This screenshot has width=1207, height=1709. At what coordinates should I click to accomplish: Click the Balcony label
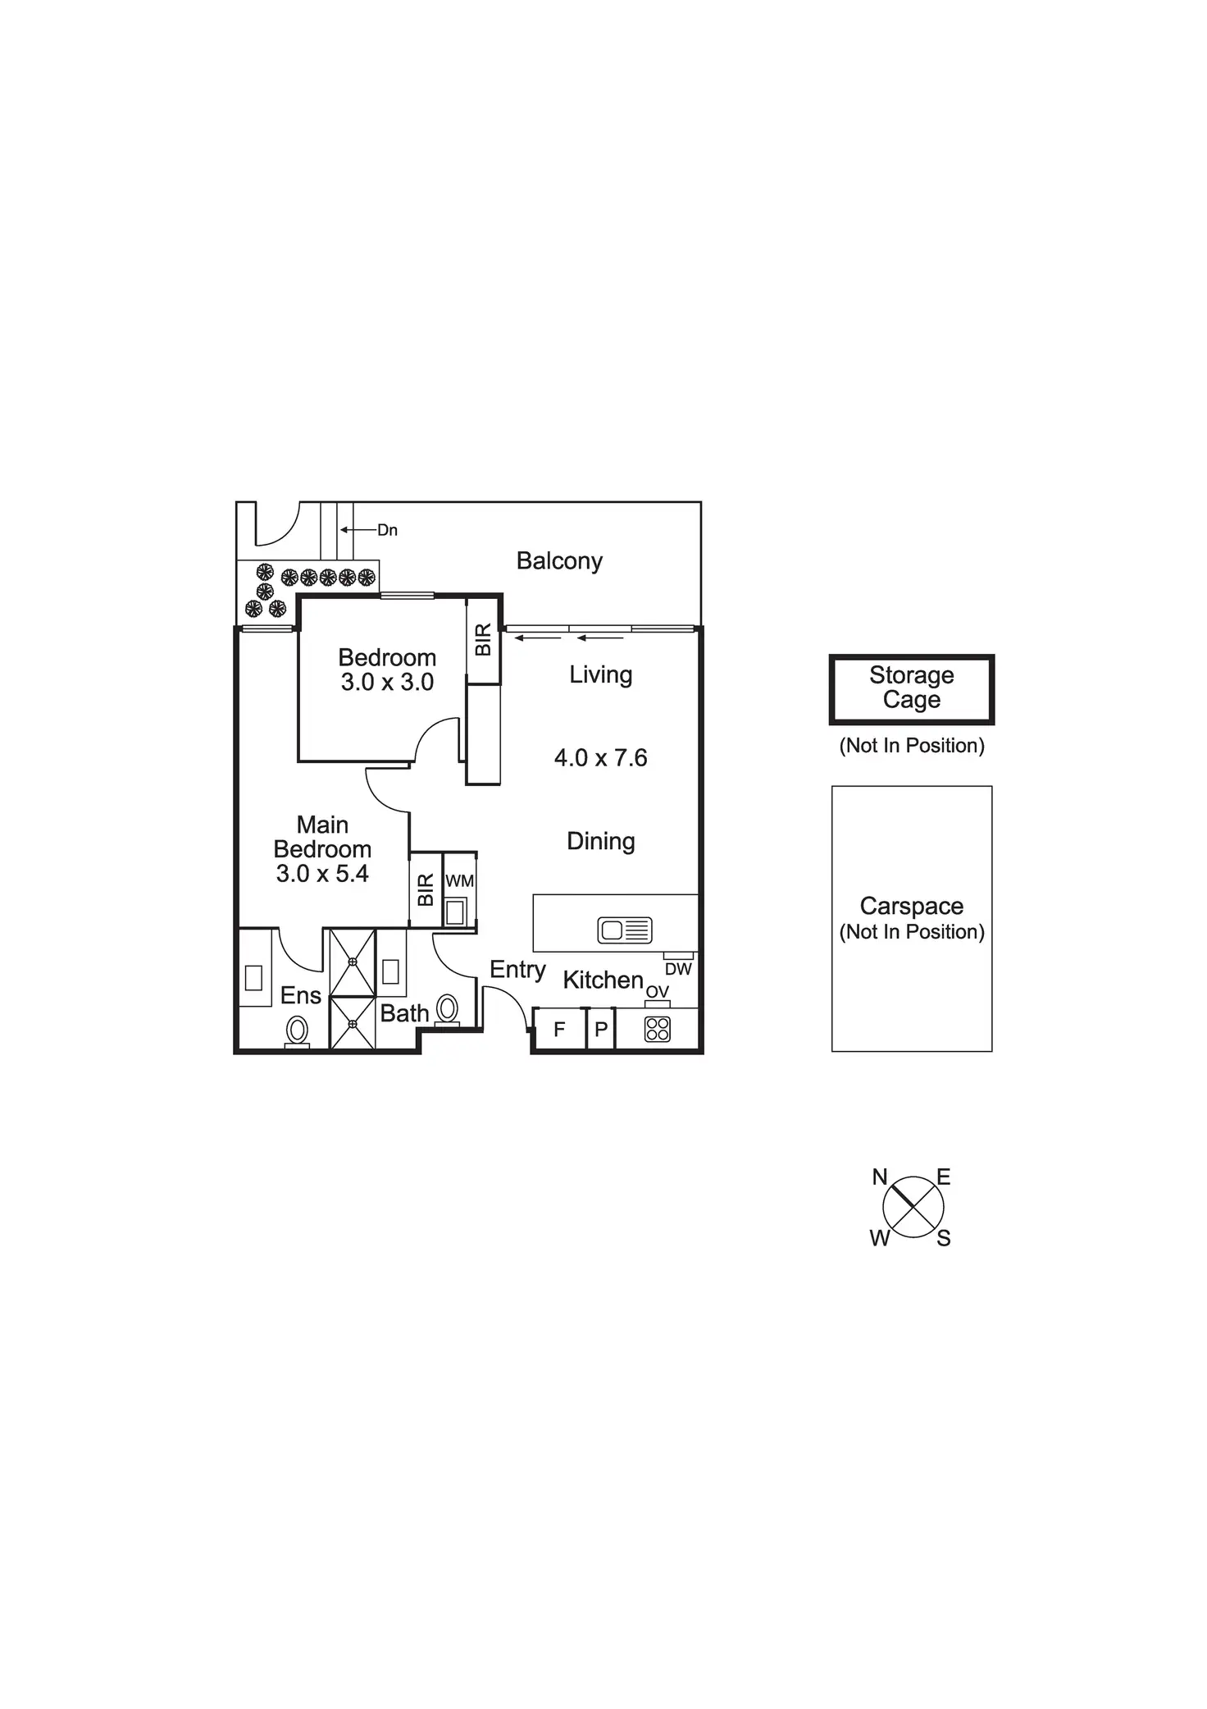[x=559, y=561]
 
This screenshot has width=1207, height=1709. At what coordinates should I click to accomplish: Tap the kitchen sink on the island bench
[x=625, y=930]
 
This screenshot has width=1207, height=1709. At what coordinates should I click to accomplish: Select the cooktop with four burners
[x=658, y=1029]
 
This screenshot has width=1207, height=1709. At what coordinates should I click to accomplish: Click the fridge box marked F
[x=559, y=1029]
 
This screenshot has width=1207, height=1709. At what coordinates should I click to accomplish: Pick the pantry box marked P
[x=601, y=1029]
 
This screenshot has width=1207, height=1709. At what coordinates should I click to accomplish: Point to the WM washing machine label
[x=459, y=881]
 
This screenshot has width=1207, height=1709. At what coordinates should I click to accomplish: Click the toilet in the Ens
[x=297, y=1030]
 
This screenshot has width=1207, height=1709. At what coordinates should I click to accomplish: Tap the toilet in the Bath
[x=448, y=1008]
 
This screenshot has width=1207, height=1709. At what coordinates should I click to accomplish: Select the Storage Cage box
[x=911, y=688]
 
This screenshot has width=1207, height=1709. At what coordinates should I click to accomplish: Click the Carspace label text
[x=911, y=906]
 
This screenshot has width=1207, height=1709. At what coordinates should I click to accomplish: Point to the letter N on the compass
[x=880, y=1177]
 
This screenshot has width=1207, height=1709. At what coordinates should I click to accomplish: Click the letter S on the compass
[x=944, y=1239]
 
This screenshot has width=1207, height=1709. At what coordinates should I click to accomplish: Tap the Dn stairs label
[x=387, y=531]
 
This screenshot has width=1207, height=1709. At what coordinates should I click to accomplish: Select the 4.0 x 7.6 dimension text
[x=600, y=758]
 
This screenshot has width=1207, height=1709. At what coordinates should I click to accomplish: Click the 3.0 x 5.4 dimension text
[x=322, y=874]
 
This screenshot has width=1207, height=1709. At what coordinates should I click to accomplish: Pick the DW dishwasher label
[x=678, y=969]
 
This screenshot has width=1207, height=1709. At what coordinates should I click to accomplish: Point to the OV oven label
[x=658, y=992]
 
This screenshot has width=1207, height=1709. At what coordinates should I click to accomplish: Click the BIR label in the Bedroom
[x=483, y=640]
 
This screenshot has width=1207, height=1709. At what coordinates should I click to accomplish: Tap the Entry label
[x=517, y=969]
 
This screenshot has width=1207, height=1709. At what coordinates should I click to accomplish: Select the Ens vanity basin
[x=253, y=977]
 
